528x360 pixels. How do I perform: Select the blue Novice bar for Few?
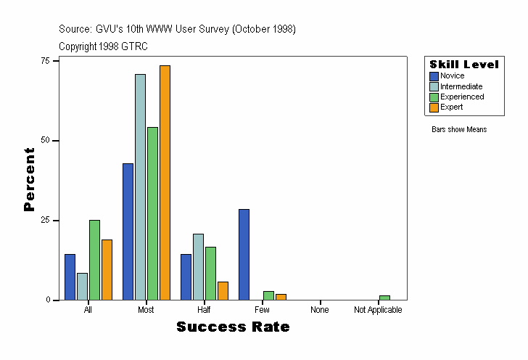pos(244,254)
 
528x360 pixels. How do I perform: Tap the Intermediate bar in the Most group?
pos(140,187)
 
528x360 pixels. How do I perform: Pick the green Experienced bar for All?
pos(94,260)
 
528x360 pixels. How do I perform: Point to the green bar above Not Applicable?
pos(384,298)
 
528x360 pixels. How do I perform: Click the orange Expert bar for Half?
pos(223,290)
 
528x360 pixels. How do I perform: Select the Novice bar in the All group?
pos(70,277)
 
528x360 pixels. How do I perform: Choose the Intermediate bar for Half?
pos(198,266)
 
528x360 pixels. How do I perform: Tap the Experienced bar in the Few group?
pos(268,295)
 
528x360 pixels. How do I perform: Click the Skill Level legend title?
pos(464,65)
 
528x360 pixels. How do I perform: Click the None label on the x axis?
pos(320,310)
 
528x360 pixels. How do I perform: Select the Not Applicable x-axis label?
pos(378,310)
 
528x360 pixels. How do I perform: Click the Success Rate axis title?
pos(233,327)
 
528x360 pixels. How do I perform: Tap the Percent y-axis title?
pos(29,179)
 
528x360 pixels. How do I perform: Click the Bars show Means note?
pos(459,130)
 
